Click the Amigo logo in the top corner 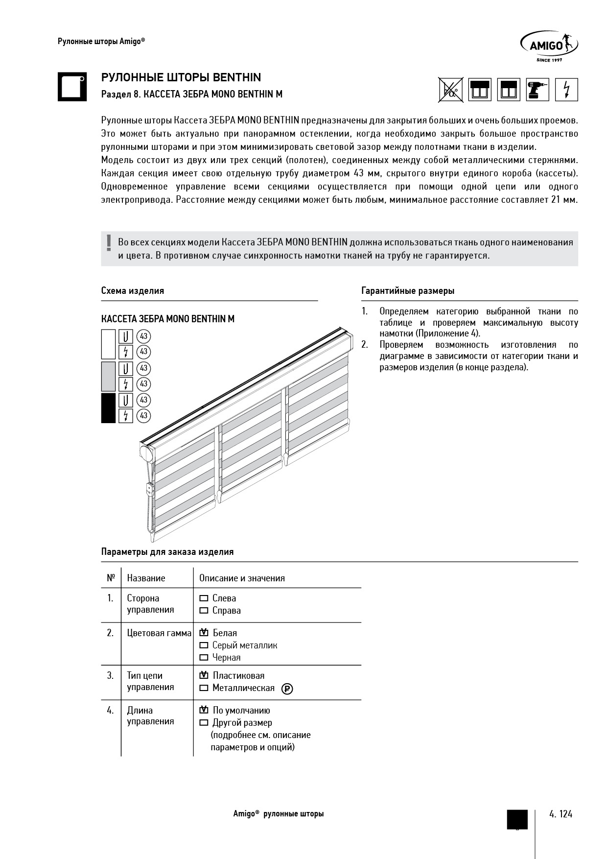coord(548,47)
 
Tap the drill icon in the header coord(537,90)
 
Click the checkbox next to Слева coord(204,598)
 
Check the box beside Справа coord(204,611)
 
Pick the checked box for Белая coord(204,633)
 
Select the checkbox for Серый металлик coord(204,645)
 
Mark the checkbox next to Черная coord(204,658)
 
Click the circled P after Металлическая coord(287,689)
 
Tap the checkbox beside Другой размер coord(204,723)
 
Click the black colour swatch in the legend coord(108,408)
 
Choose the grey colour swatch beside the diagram coord(108,376)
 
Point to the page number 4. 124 coord(560,814)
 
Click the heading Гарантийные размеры coord(408,291)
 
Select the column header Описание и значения coord(242,578)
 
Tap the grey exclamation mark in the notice coord(109,243)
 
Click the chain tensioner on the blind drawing coord(149,488)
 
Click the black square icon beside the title coord(72,87)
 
